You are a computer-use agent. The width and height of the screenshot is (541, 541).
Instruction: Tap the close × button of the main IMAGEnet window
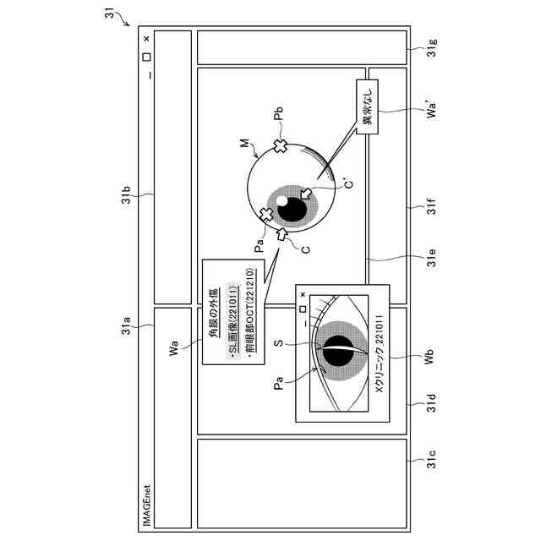(146, 38)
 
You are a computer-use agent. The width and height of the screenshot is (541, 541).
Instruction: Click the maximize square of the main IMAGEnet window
(146, 57)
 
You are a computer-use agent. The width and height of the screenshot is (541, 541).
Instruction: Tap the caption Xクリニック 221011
(379, 362)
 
